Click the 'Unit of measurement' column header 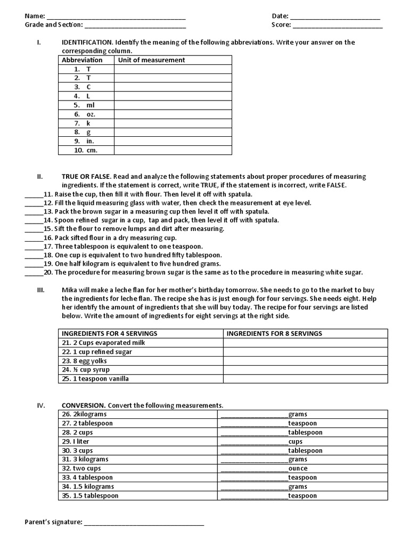pyautogui.click(x=151, y=60)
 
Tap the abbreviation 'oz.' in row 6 pyautogui.click(x=91, y=114)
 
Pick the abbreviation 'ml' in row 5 pyautogui.click(x=90, y=105)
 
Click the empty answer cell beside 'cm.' pyautogui.click(x=173, y=151)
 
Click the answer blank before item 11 pyautogui.click(x=33, y=195)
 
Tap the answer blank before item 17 pyautogui.click(x=33, y=247)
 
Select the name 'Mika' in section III pyautogui.click(x=70, y=290)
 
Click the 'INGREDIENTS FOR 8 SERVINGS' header pyautogui.click(x=274, y=334)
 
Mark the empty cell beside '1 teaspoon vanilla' pyautogui.click(x=305, y=379)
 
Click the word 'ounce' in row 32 pyautogui.click(x=298, y=468)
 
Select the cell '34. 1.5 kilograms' pyautogui.click(x=88, y=486)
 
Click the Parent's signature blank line pyautogui.click(x=144, y=523)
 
